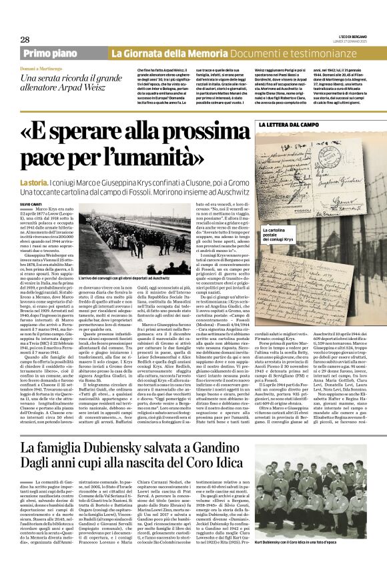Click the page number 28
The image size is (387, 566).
click(x=25, y=39)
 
